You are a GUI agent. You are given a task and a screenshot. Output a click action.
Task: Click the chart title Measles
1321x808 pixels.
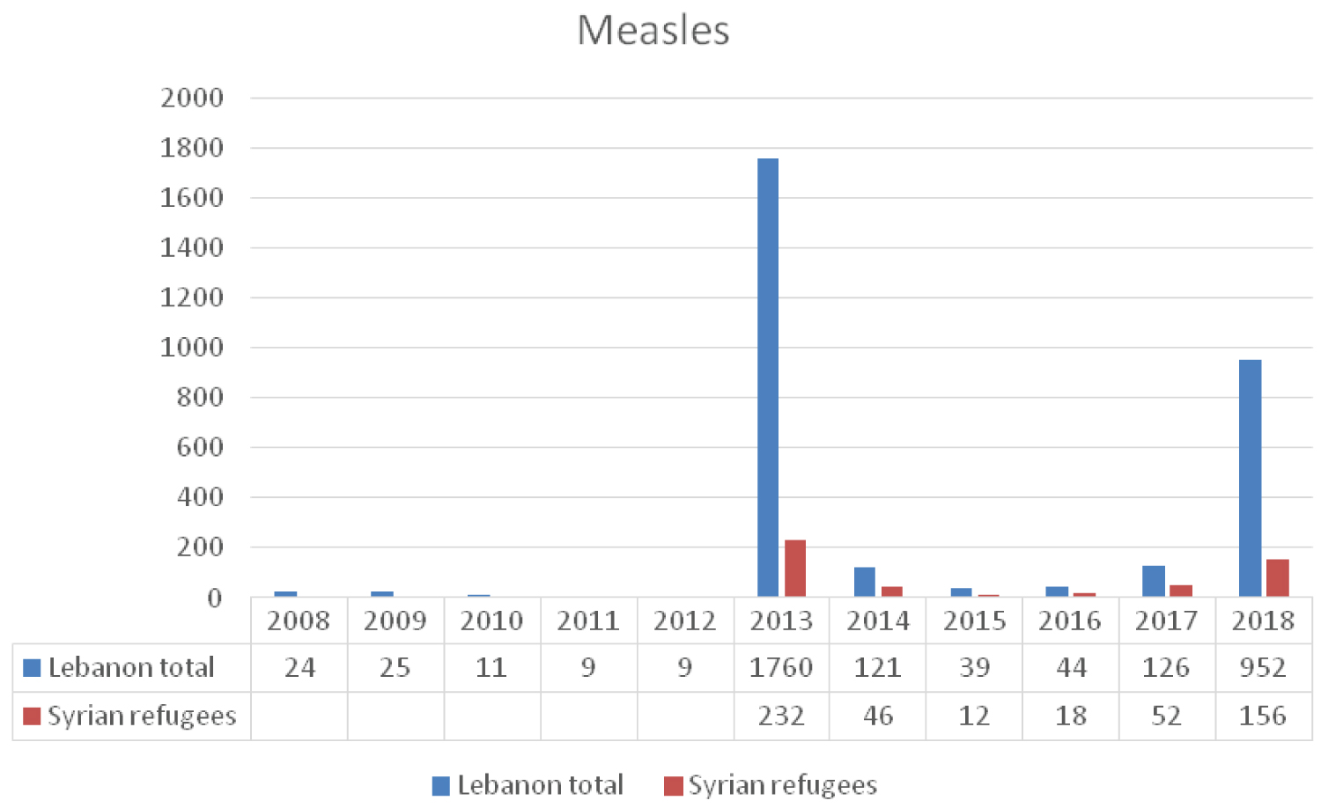pos(653,30)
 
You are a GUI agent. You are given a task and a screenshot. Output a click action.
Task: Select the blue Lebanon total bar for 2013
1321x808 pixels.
pos(768,378)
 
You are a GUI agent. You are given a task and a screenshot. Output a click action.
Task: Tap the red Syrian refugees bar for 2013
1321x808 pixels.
pos(795,569)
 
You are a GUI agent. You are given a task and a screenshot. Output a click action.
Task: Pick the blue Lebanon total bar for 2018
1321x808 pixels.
pos(1250,479)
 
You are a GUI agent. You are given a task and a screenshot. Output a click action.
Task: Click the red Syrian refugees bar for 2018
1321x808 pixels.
pos(1277,578)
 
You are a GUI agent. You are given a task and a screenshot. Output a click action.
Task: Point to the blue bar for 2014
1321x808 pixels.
pos(865,582)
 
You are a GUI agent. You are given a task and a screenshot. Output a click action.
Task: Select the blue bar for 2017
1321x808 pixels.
pos(1154,581)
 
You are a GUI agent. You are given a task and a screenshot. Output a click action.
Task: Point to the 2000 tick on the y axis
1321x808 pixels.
pos(192,98)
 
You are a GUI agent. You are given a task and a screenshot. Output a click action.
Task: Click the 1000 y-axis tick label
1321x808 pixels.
pos(192,348)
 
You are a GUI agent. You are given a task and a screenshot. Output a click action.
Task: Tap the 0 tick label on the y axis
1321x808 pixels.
pos(214,599)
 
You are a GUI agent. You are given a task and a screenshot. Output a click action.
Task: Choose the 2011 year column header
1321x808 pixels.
pos(588,621)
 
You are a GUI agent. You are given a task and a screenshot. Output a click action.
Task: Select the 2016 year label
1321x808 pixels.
pos(1070,621)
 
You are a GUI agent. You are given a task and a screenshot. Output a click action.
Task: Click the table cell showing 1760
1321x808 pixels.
pos(781,667)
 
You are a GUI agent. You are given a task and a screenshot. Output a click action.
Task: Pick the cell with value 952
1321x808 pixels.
pos(1263,667)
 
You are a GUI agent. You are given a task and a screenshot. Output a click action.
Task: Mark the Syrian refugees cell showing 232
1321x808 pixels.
pos(781,716)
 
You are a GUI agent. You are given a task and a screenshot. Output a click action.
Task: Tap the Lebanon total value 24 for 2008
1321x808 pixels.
pos(299,667)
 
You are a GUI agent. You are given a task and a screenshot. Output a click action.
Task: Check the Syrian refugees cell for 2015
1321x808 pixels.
pos(974,716)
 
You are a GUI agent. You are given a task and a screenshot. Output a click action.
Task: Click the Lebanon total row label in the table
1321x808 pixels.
pos(131,667)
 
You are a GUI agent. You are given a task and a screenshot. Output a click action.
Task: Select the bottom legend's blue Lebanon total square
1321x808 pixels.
pos(441,785)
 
